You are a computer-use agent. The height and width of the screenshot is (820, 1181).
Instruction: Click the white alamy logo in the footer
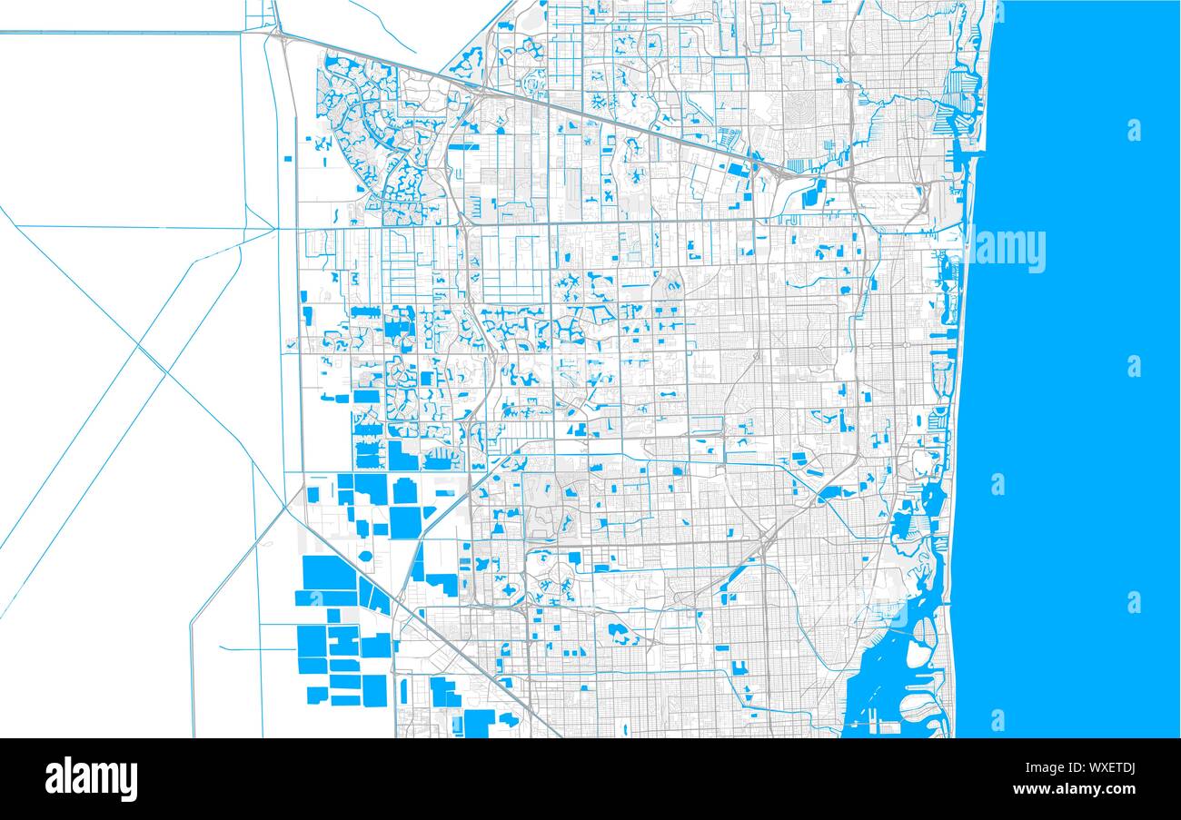[91, 779]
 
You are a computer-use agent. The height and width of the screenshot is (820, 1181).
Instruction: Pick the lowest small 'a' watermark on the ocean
[997, 720]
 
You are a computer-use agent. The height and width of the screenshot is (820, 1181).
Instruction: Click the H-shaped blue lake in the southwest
[344, 640]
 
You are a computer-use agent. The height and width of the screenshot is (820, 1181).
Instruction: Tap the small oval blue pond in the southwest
[365, 556]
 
